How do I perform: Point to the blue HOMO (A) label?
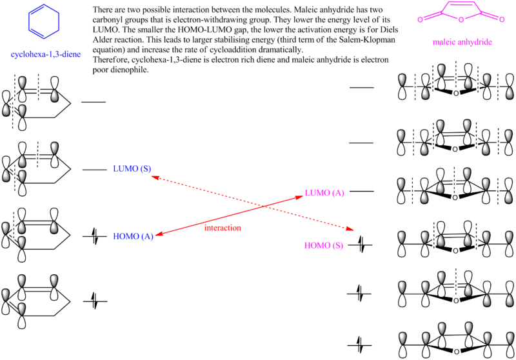(132, 236)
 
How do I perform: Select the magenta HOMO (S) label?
(322, 245)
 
